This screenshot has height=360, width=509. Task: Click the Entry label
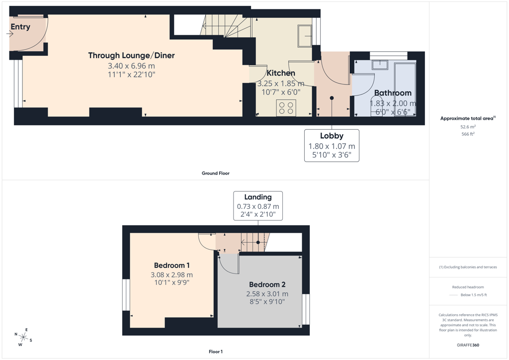pyautogui.click(x=20, y=27)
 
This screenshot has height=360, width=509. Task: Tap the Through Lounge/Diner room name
pyautogui.click(x=131, y=56)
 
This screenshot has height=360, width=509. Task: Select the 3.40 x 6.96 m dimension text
pyautogui.click(x=131, y=66)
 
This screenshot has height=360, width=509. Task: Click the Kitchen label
pyautogui.click(x=281, y=73)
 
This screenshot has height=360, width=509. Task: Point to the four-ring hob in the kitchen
pyautogui.click(x=286, y=108)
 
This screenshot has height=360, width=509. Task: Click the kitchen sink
pyautogui.click(x=305, y=36)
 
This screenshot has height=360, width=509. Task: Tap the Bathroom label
pyautogui.click(x=393, y=93)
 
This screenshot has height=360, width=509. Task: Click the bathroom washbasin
pyautogui.click(x=380, y=65)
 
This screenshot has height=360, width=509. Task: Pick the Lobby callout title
pyautogui.click(x=332, y=136)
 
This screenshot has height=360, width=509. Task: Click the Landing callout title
pyautogui.click(x=258, y=197)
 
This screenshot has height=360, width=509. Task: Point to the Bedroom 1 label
pyautogui.click(x=171, y=266)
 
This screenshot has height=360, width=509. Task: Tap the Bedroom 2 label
pyautogui.click(x=267, y=285)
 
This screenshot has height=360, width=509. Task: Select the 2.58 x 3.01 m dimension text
pyautogui.click(x=267, y=294)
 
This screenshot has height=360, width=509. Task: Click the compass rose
pyautogui.click(x=23, y=337)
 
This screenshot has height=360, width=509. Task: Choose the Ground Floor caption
pyautogui.click(x=216, y=174)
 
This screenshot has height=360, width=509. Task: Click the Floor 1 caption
pyautogui.click(x=216, y=352)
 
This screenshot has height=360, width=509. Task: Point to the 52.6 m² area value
pyautogui.click(x=468, y=127)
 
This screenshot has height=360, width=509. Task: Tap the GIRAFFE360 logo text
pyautogui.click(x=468, y=345)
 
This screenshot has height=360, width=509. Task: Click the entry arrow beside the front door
pyautogui.click(x=10, y=33)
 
